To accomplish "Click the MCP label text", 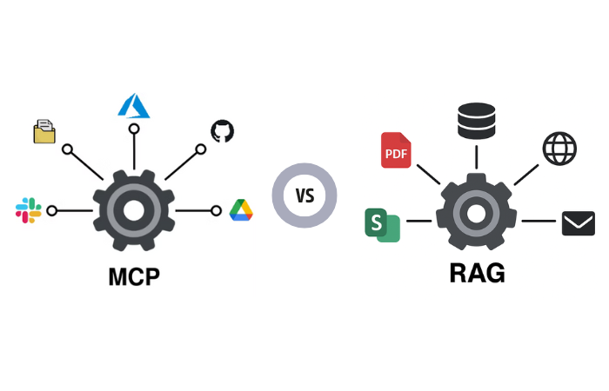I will [134, 277].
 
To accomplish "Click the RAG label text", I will [477, 273].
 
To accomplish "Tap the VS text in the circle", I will [304, 195].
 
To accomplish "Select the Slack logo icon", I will [28, 210].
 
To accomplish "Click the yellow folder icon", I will [44, 132].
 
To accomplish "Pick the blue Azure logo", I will [134, 105].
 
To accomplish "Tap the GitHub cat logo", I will [223, 131].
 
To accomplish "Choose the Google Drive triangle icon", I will [241, 210].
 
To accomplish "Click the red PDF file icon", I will [396, 150].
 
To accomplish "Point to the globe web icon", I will [559, 149].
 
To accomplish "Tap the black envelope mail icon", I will [577, 223].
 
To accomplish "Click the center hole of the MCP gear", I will [133, 210].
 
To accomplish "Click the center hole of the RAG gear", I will [477, 211].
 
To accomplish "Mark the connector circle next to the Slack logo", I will [52, 210].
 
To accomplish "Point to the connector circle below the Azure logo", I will [134, 129].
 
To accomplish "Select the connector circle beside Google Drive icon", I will [216, 210].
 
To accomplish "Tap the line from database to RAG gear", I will [476, 157].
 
